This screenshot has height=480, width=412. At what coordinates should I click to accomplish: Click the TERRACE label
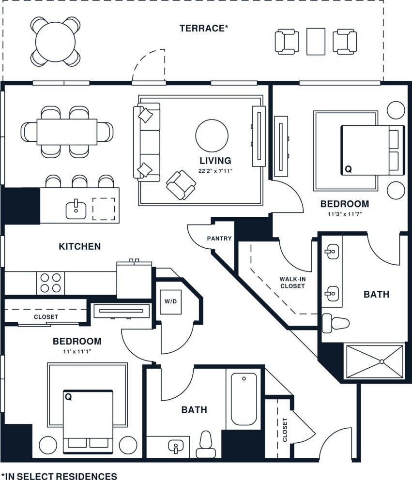pyautogui.click(x=204, y=28)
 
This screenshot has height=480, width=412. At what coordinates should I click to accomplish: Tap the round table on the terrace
pyautogui.click(x=56, y=41)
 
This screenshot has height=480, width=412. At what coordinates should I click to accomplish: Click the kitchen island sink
pyautogui.click(x=76, y=210)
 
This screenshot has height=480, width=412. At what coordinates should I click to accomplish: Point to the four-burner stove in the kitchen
pyautogui.click(x=51, y=283)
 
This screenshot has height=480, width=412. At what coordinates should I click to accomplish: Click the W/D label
pyautogui.click(x=170, y=302)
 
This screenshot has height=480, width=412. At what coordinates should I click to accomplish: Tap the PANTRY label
pyautogui.click(x=219, y=239)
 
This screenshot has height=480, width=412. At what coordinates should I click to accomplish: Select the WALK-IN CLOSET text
pyautogui.click(x=292, y=283)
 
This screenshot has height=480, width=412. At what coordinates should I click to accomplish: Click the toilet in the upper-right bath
pyautogui.click(x=336, y=323)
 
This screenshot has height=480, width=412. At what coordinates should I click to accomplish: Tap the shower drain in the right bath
pyautogui.click(x=382, y=361)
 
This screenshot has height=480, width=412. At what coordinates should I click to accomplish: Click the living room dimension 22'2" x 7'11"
pyautogui.click(x=215, y=170)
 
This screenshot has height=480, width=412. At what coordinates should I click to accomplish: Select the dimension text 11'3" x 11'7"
pyautogui.click(x=344, y=213)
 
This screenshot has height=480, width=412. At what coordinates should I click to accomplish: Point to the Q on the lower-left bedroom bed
pyautogui.click(x=68, y=397)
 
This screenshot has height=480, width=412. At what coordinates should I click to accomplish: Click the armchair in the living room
pyautogui.click(x=181, y=184)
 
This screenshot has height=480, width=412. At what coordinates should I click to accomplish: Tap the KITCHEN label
pyautogui.click(x=80, y=246)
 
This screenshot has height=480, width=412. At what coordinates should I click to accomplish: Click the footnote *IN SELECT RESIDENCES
pyautogui.click(x=59, y=476)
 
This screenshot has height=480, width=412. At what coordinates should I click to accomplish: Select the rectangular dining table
pyautogui.click(x=67, y=131)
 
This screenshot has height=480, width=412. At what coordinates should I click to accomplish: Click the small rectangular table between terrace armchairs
pyautogui.click(x=316, y=41)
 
